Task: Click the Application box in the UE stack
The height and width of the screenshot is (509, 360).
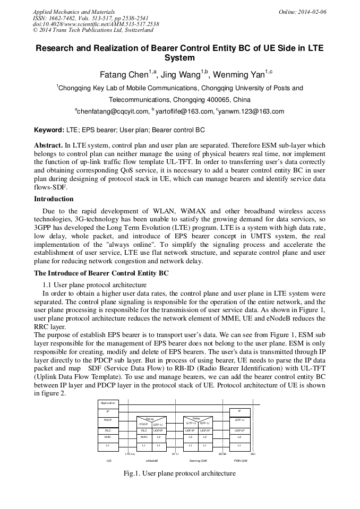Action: (108, 403)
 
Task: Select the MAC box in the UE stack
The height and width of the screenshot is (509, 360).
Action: (108, 437)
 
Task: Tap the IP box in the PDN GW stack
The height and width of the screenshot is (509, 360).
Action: (239, 411)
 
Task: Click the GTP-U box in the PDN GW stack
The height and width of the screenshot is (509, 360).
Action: (239, 420)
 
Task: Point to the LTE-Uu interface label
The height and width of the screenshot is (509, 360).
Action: (130, 454)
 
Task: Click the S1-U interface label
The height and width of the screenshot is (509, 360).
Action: (175, 454)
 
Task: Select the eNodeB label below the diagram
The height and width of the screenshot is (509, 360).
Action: (152, 461)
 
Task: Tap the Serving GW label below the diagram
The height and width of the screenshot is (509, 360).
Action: (198, 461)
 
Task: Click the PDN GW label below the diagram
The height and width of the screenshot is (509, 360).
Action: (241, 461)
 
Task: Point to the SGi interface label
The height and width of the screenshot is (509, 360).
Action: (253, 454)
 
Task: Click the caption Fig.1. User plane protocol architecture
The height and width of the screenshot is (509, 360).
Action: (179, 473)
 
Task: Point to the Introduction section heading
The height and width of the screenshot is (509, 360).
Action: (54, 199)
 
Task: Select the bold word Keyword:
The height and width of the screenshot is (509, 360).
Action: (49, 130)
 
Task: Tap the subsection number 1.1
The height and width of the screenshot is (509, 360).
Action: (47, 285)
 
